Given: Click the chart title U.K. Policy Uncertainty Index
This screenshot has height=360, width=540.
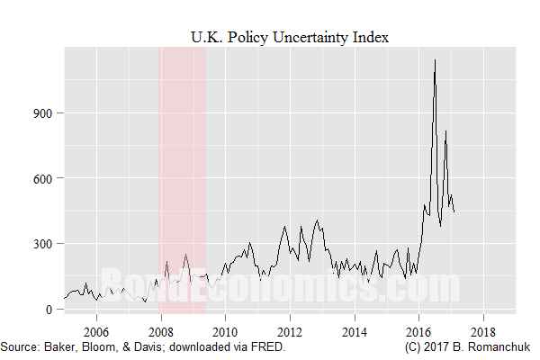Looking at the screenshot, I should (288, 36).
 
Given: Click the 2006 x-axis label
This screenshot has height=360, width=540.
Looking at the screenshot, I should (96, 330).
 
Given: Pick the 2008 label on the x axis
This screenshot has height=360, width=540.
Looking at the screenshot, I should (160, 330).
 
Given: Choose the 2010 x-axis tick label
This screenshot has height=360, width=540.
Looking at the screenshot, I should (225, 330).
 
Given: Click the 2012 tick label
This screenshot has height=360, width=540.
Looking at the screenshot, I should (290, 330).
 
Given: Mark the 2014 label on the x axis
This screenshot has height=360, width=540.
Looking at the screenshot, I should (355, 330).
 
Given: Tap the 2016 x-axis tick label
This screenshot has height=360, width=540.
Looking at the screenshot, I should (419, 330).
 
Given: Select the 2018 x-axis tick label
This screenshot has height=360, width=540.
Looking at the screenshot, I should (484, 330).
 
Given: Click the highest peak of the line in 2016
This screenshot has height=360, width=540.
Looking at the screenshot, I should (436, 60).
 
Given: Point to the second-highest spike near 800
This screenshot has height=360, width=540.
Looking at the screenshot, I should (445, 131).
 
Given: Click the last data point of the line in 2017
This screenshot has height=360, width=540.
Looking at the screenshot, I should (454, 211).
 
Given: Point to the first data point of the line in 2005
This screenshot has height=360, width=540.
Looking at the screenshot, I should (64, 298).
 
